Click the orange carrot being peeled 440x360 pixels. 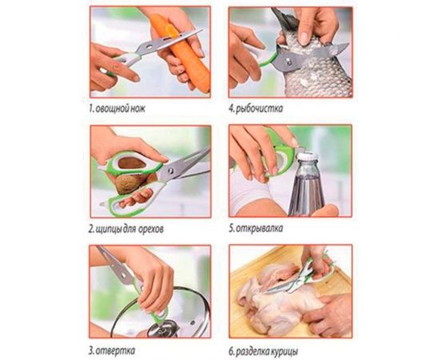pos(182,54)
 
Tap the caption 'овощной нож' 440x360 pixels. pos(120,108)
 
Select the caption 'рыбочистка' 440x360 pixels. pos(259,108)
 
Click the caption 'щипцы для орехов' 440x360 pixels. pos(130,229)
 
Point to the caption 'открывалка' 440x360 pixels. pos(259,228)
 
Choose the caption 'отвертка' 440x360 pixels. pos(115,350)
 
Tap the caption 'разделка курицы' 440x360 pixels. pos(266,351)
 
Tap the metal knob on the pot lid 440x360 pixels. pos(162,329)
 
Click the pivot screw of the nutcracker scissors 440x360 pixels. pos(170,170)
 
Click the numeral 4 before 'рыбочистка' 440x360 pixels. pos(231,108)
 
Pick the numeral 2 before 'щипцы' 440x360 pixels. pos(91,229)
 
